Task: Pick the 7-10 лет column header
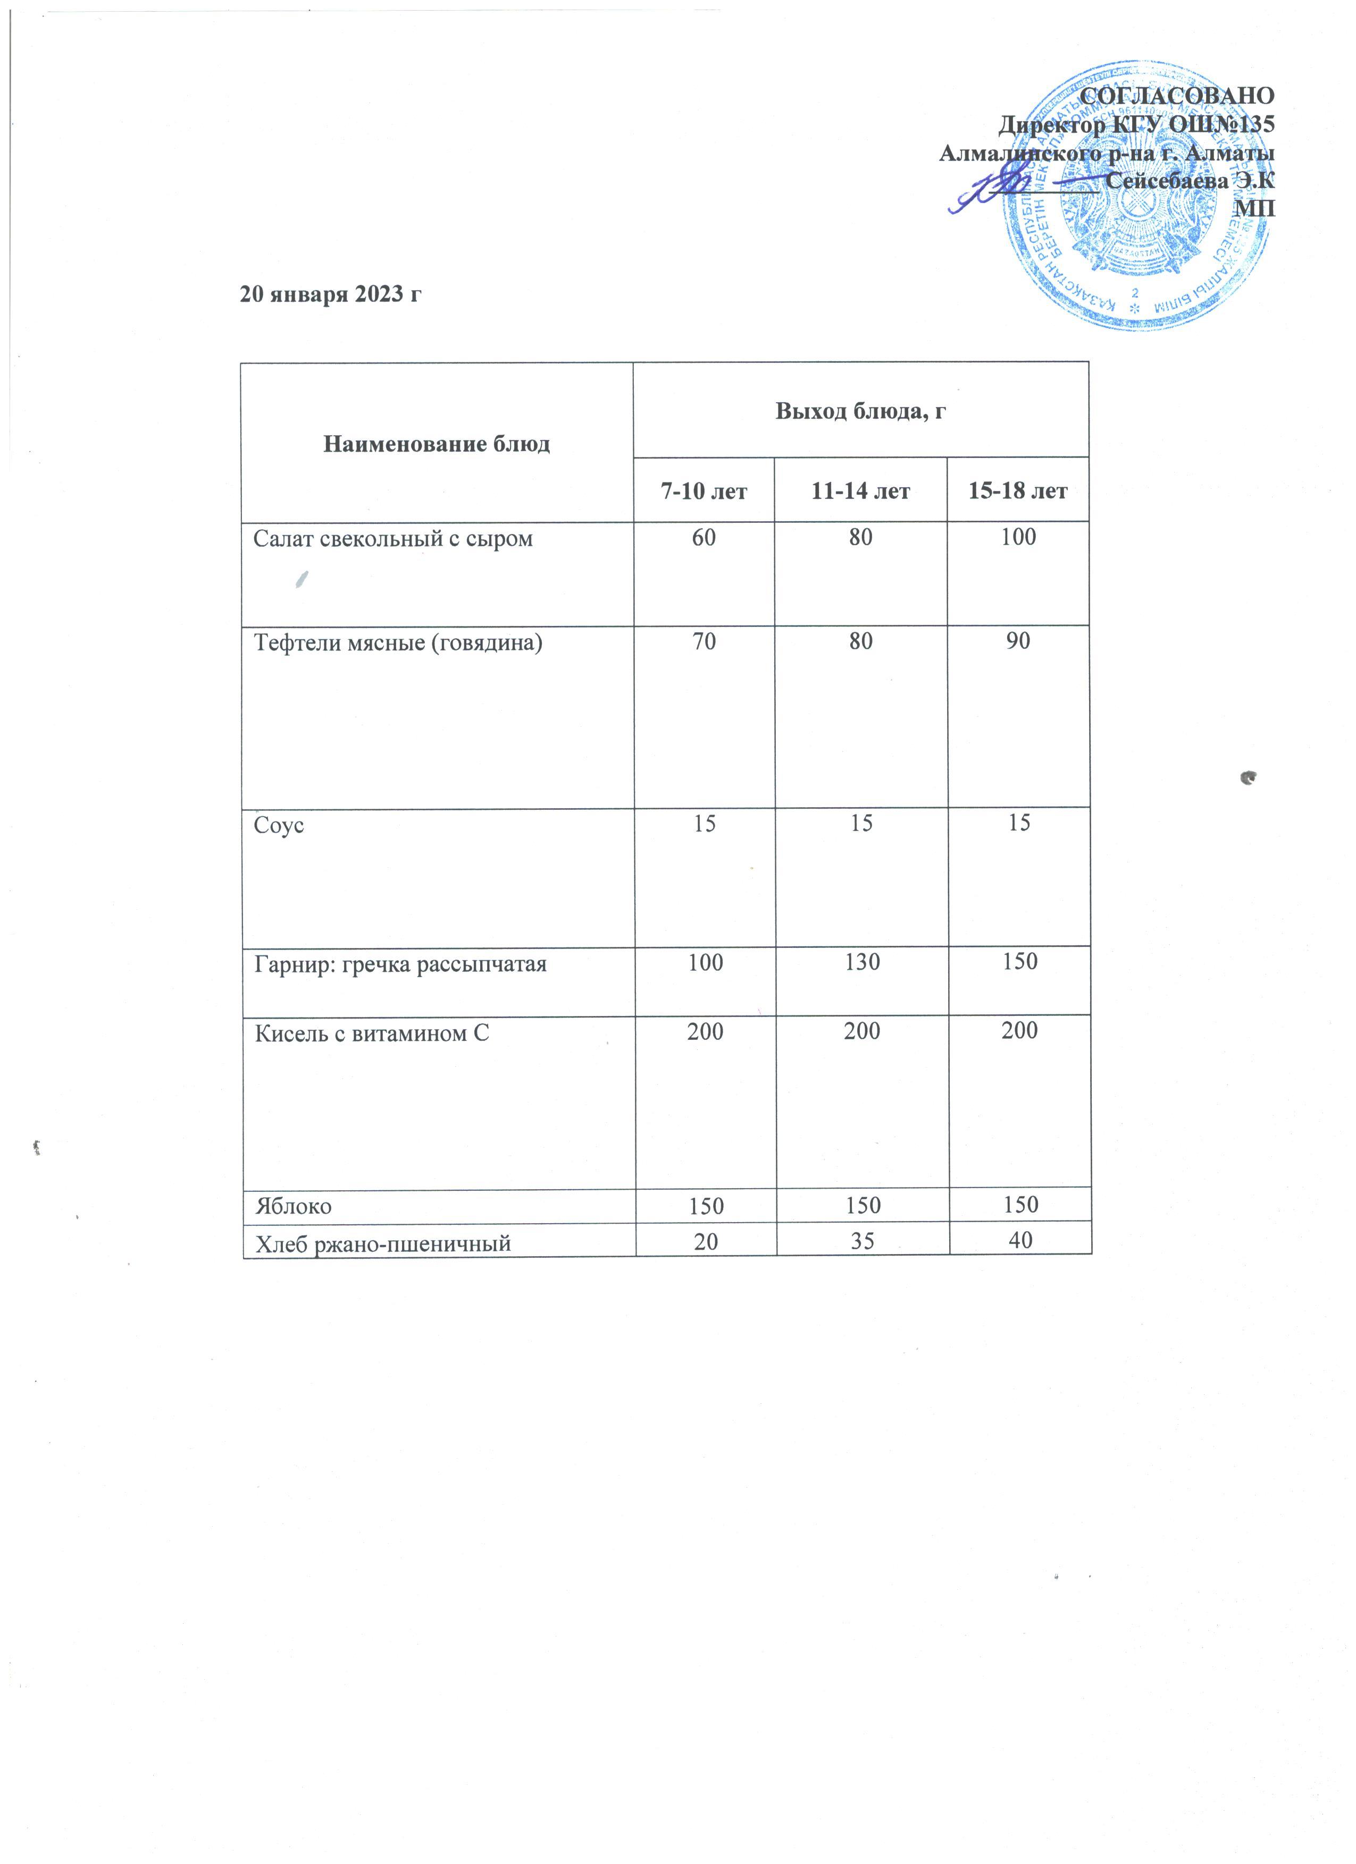pos(704,492)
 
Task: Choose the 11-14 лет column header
pos(860,492)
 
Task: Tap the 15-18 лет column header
pos(1018,492)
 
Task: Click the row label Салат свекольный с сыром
pos(393,539)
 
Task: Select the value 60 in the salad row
pos(704,538)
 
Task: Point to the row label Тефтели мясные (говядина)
pos(398,643)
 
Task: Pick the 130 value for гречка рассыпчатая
pos(862,962)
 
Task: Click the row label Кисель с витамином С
pos(372,1033)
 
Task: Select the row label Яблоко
pos(294,1207)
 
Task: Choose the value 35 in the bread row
pos(862,1240)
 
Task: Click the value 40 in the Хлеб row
pos(1020,1240)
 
